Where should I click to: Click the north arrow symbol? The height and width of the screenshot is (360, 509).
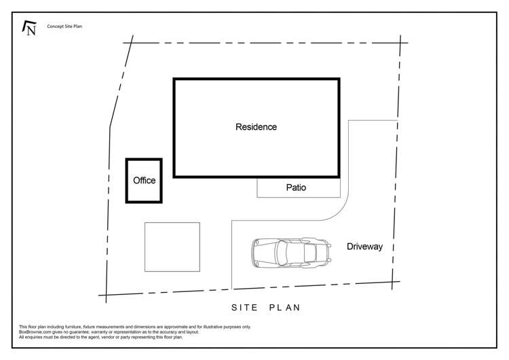click(x=29, y=28)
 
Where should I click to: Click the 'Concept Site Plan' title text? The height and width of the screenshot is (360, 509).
click(x=64, y=26)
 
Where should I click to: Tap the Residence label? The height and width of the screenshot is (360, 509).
click(x=256, y=127)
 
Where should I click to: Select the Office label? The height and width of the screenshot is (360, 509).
click(x=144, y=181)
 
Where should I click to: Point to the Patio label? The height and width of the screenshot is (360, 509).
click(x=295, y=187)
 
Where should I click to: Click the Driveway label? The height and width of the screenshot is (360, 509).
click(x=364, y=247)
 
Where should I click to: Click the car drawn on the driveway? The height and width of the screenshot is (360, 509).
click(x=290, y=252)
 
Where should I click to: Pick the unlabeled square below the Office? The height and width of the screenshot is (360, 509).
click(x=172, y=247)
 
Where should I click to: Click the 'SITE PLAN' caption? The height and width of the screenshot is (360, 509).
click(x=265, y=308)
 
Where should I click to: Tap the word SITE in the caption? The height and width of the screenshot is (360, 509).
click(x=244, y=308)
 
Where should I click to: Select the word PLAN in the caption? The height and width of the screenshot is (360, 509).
click(x=284, y=308)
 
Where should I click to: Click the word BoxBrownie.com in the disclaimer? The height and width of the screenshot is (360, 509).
click(x=35, y=332)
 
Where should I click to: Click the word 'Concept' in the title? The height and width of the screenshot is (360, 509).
click(x=54, y=26)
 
